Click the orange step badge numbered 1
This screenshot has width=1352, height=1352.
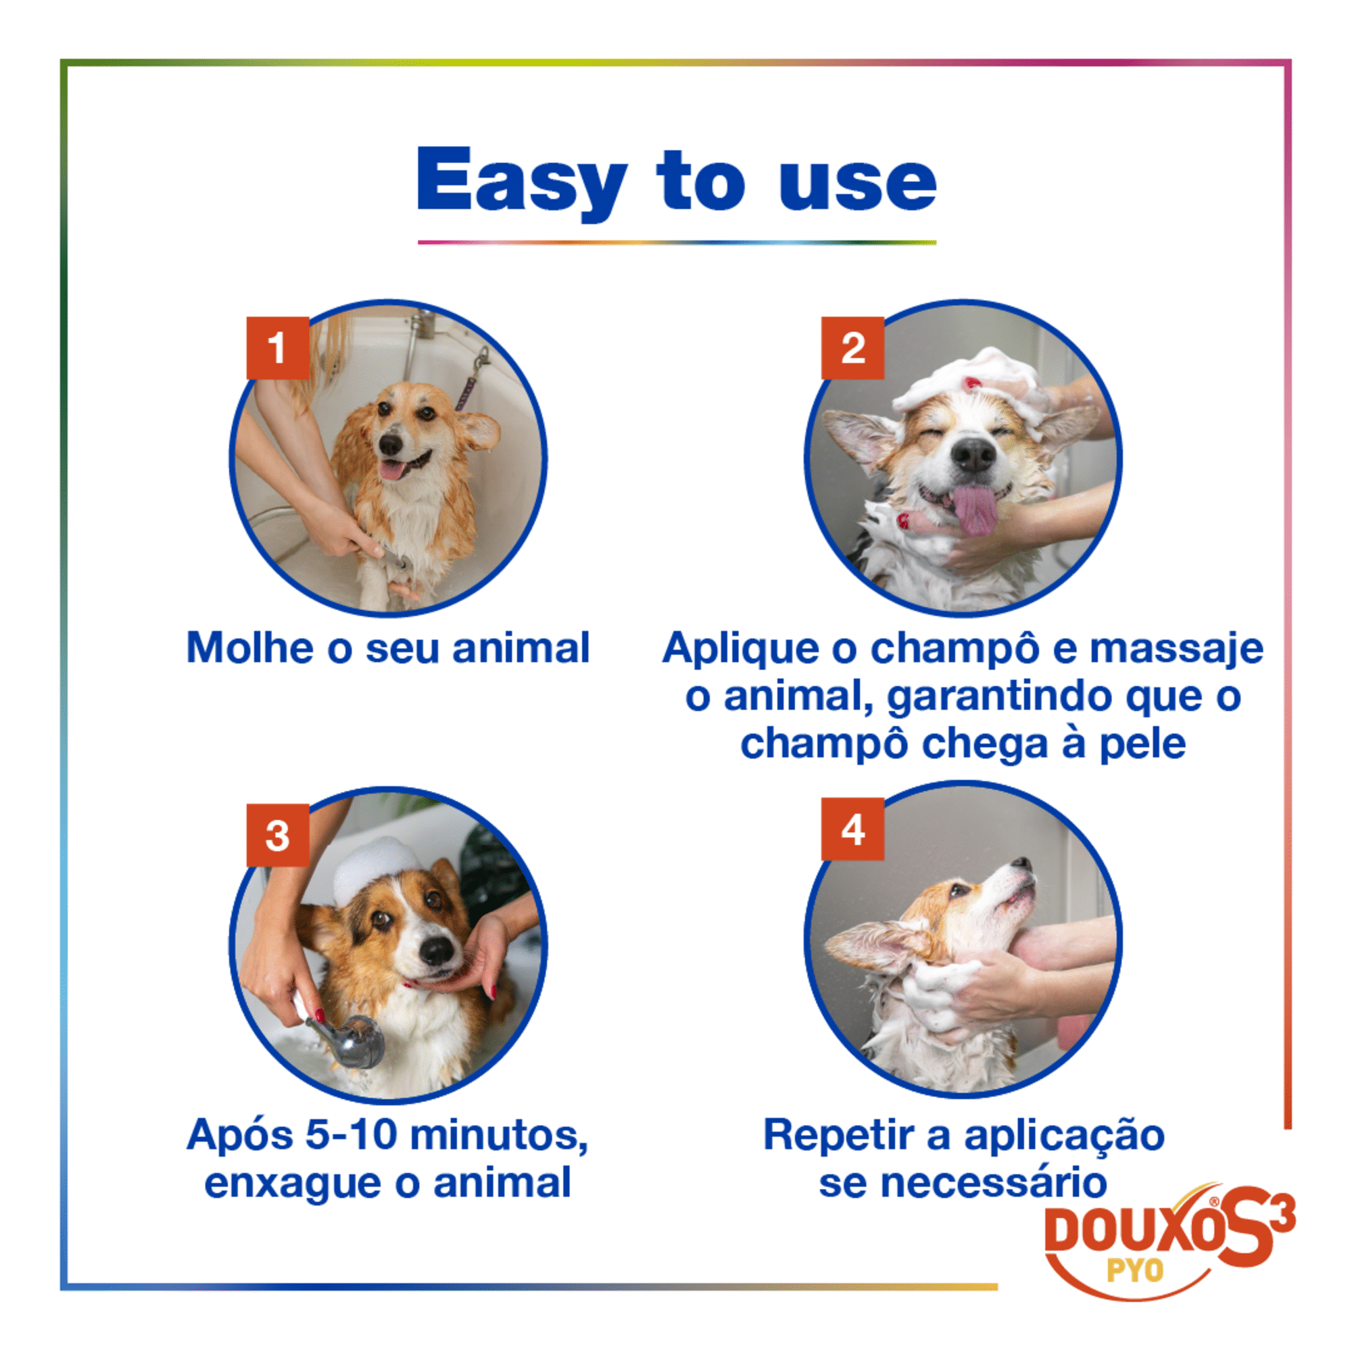tap(278, 347)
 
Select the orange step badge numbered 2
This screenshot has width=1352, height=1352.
tap(852, 347)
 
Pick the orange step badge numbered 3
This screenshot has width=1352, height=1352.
tap(278, 835)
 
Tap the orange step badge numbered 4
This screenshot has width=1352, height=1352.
tap(852, 830)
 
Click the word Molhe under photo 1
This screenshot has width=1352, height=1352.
tap(249, 648)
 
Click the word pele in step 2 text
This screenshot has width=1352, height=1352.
tap(1142, 744)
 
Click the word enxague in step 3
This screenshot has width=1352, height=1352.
tap(294, 1182)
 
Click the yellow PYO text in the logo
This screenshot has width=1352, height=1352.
tap(1134, 1270)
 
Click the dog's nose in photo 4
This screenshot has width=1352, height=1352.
tap(1023, 863)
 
